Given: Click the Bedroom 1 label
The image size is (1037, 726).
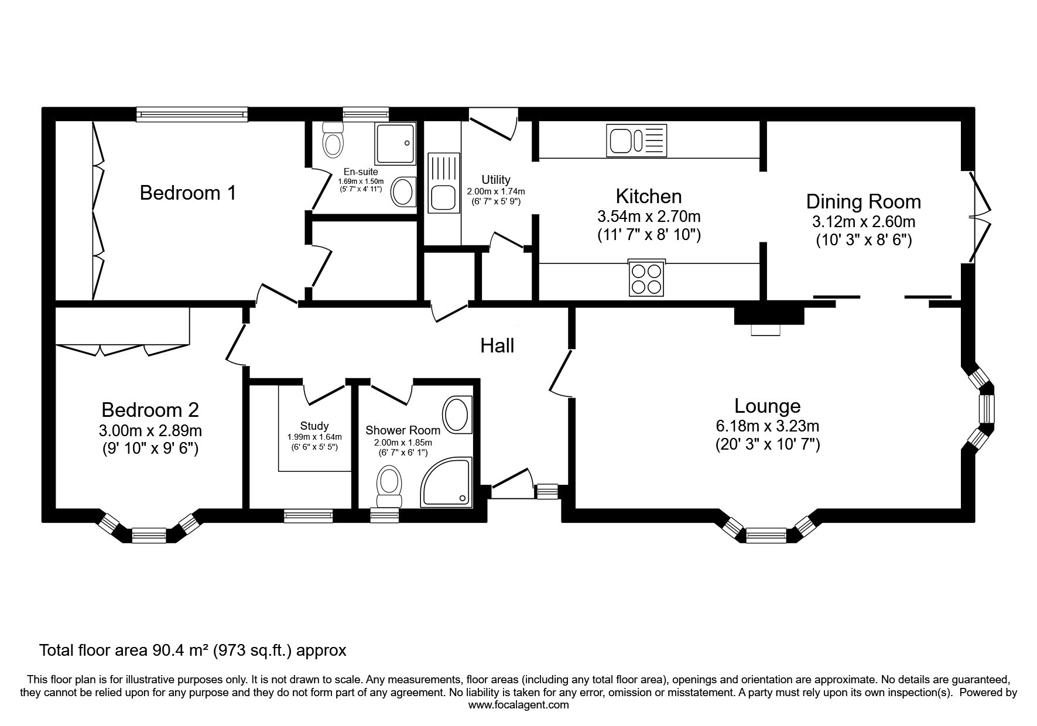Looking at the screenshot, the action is point(188,193).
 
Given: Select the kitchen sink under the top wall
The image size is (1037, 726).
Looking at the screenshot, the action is point(637,141).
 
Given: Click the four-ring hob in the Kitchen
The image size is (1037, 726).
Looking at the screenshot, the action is point(647,277).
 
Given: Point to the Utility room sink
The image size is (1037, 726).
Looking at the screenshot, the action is point(443,182).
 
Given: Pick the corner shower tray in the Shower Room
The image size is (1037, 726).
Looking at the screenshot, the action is point(446,482).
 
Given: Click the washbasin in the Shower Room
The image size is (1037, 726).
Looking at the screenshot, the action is point(457,415).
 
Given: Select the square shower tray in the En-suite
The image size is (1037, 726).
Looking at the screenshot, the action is point(395,143).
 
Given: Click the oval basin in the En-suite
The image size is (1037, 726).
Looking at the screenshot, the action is point(403,192).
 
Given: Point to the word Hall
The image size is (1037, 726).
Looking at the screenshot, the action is point(497,345).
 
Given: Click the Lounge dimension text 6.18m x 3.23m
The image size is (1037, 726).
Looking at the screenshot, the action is point(767,426).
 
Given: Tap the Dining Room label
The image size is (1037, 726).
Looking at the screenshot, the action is point(863,201).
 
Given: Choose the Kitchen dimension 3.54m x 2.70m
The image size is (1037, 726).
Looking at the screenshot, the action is point(649,216).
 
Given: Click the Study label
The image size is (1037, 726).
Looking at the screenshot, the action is point(314,426).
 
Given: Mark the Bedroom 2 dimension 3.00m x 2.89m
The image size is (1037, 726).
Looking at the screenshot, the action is point(150,431).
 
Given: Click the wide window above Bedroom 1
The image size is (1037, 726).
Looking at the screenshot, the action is point(192,114).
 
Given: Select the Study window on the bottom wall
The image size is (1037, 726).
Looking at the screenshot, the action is point(309,515).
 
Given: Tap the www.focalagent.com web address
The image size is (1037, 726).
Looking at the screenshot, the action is point(518,705).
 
